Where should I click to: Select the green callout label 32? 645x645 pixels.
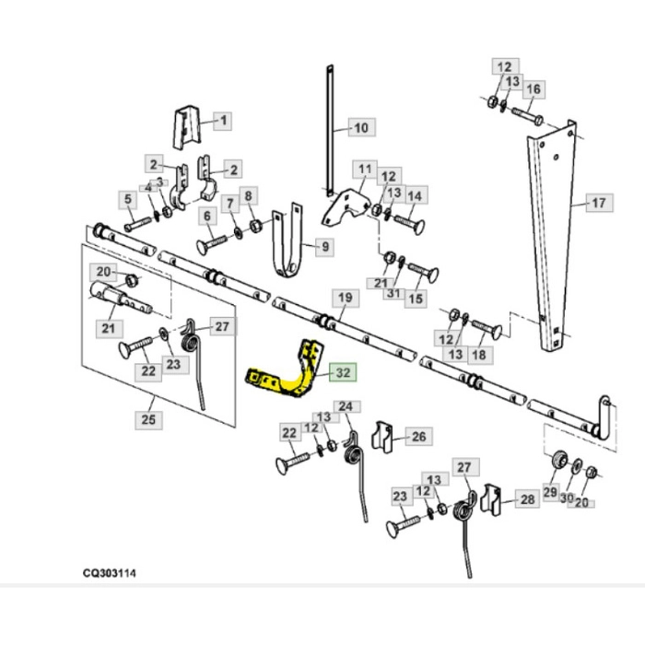[342, 373]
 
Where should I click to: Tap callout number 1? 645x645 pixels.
[221, 120]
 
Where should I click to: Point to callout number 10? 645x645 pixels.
[359, 127]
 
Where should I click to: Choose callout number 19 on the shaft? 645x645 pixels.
[345, 298]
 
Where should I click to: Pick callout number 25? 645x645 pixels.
[148, 419]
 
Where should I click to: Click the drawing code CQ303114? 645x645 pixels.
[109, 573]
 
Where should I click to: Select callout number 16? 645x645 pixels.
[534, 89]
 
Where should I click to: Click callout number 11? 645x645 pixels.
[366, 170]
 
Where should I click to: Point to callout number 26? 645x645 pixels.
[417, 437]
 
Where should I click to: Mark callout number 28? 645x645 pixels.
[526, 499]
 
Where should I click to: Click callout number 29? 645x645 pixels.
[550, 493]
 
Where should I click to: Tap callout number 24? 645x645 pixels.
[346, 406]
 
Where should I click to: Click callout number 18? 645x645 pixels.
[478, 354]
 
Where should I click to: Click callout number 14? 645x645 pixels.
[415, 195]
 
